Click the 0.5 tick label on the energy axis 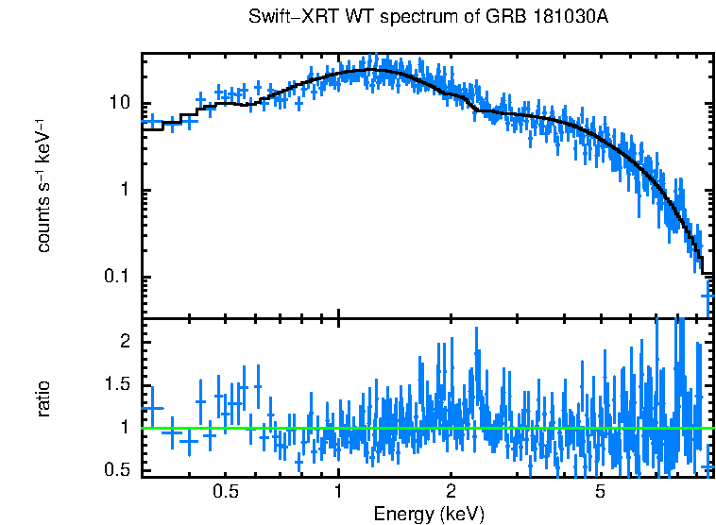coord(225,492)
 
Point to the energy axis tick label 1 coord(338,492)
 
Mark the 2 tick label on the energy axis coord(452,492)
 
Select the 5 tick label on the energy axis coord(601,492)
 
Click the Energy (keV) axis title coord(429,514)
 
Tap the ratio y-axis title coord(45,398)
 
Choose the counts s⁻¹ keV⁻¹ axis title coord(45,184)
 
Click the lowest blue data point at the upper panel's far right coord(707,296)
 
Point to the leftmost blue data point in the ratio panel coord(152,408)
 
